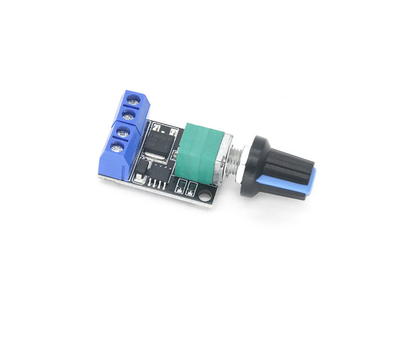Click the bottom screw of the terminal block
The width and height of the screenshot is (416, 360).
click(116, 147)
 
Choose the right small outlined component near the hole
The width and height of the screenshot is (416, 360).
click(192, 187)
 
